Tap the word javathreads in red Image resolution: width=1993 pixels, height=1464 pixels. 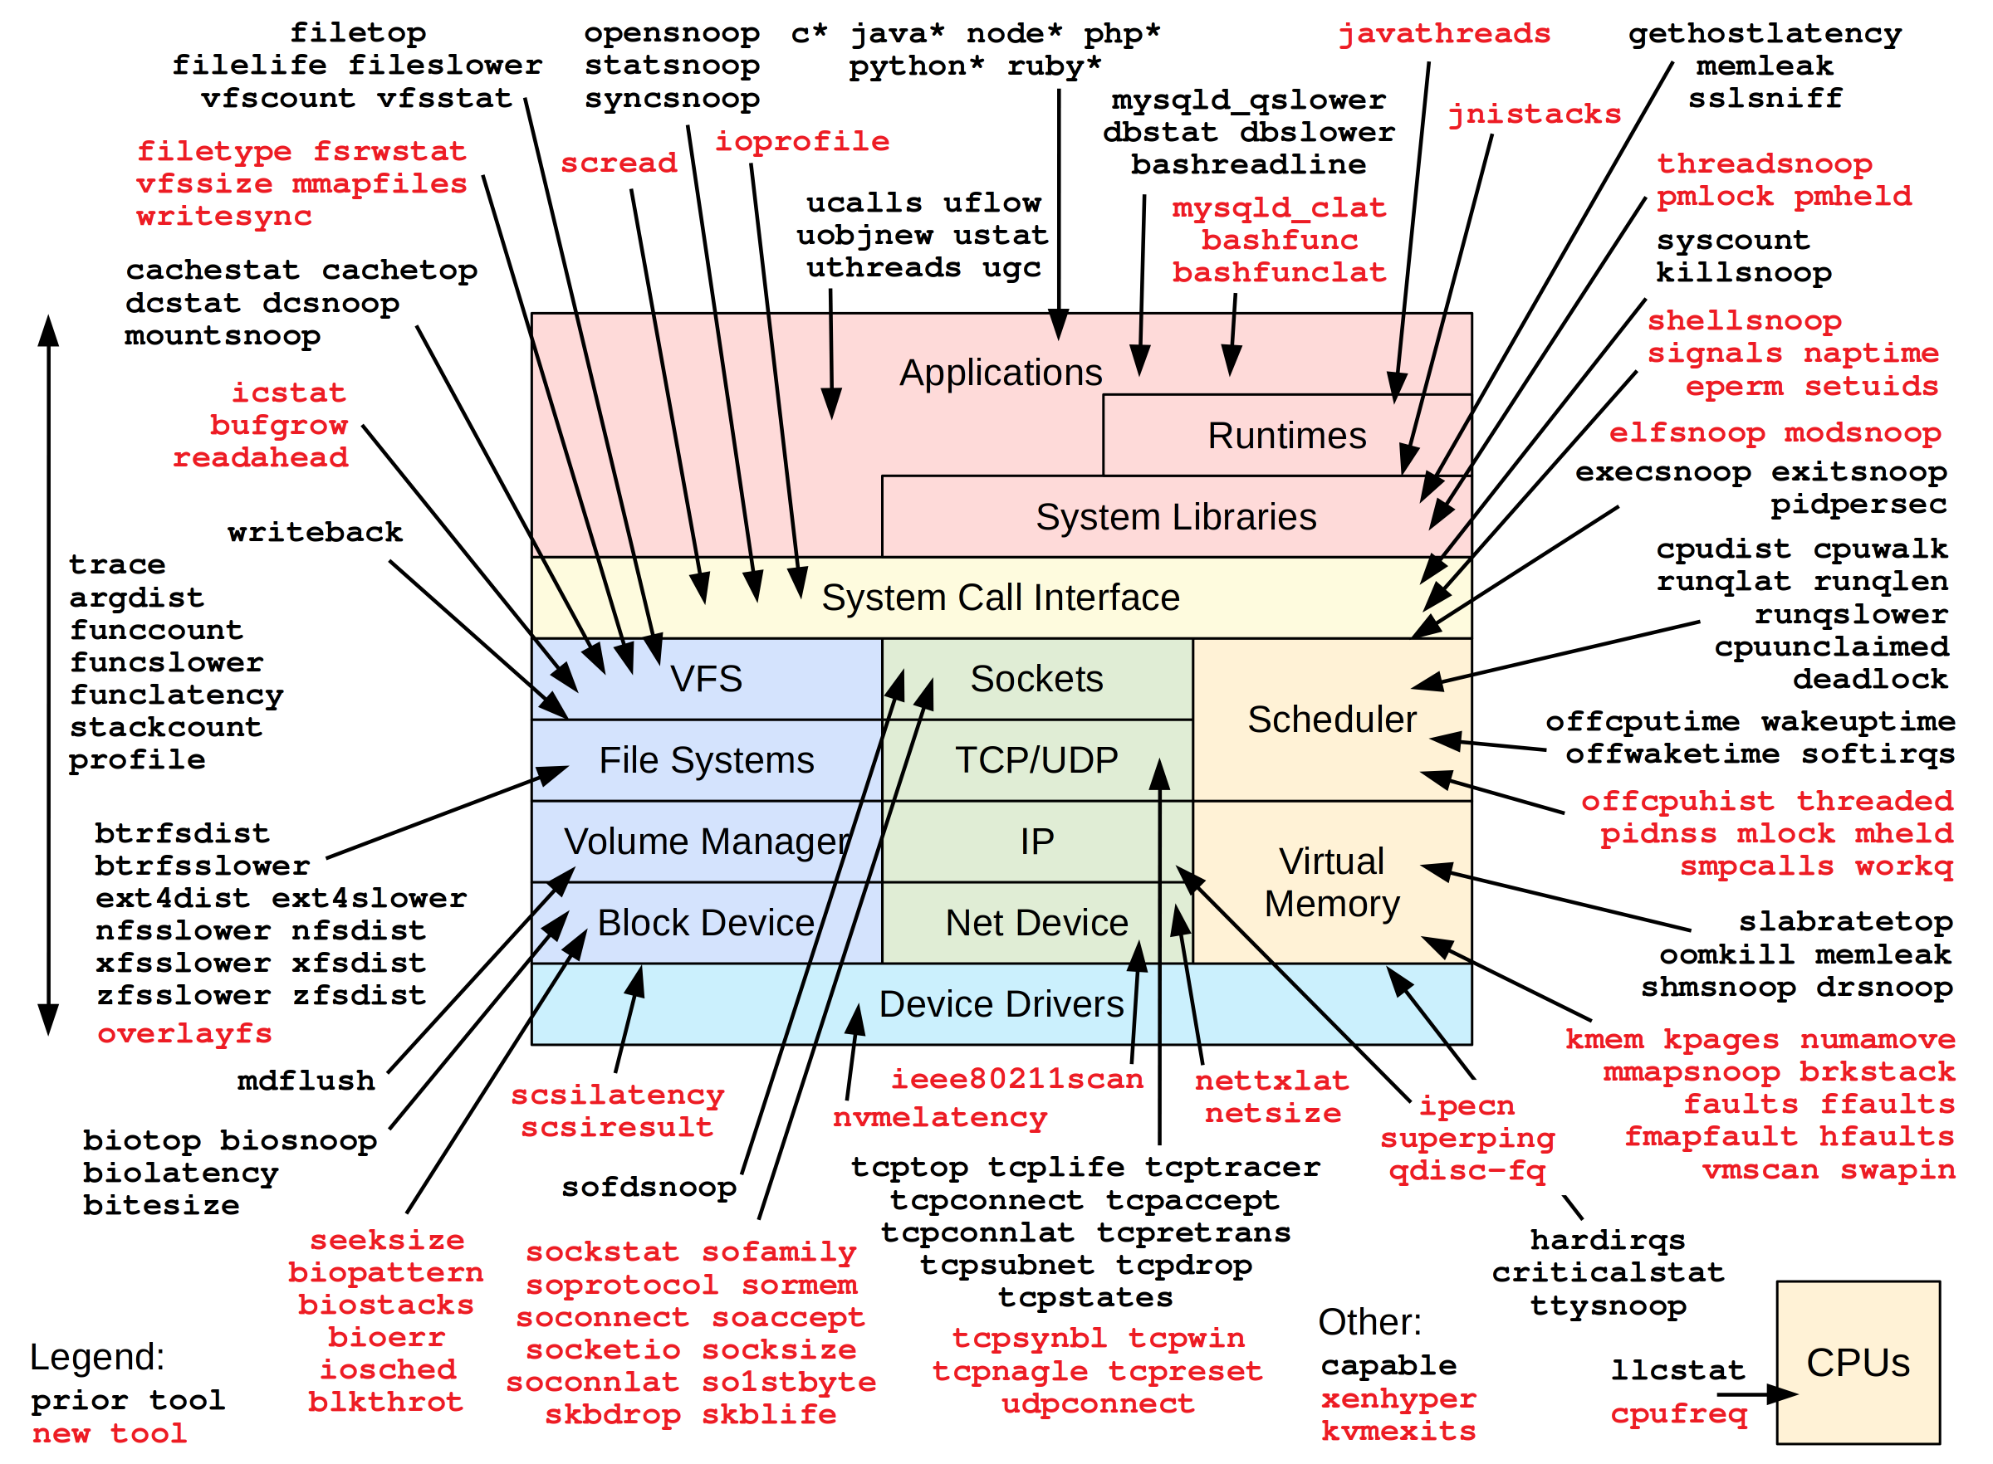1443,34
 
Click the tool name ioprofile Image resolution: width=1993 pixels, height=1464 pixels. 801,142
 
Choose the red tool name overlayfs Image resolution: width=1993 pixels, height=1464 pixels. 184,1033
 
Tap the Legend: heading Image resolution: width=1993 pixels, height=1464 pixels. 96,1357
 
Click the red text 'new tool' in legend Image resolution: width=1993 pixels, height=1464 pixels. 109,1433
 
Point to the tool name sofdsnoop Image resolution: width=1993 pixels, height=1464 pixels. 648,1187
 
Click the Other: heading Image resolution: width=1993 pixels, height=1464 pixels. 1369,1321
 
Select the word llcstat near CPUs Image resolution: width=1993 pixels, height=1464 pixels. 1677,1370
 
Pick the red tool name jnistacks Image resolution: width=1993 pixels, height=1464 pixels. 1534,115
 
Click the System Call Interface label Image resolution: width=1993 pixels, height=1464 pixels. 1000,598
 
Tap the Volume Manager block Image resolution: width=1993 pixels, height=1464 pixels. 706,841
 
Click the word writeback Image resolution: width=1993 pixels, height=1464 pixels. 315,532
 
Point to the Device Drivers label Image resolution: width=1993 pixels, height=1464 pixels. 1000,1004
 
